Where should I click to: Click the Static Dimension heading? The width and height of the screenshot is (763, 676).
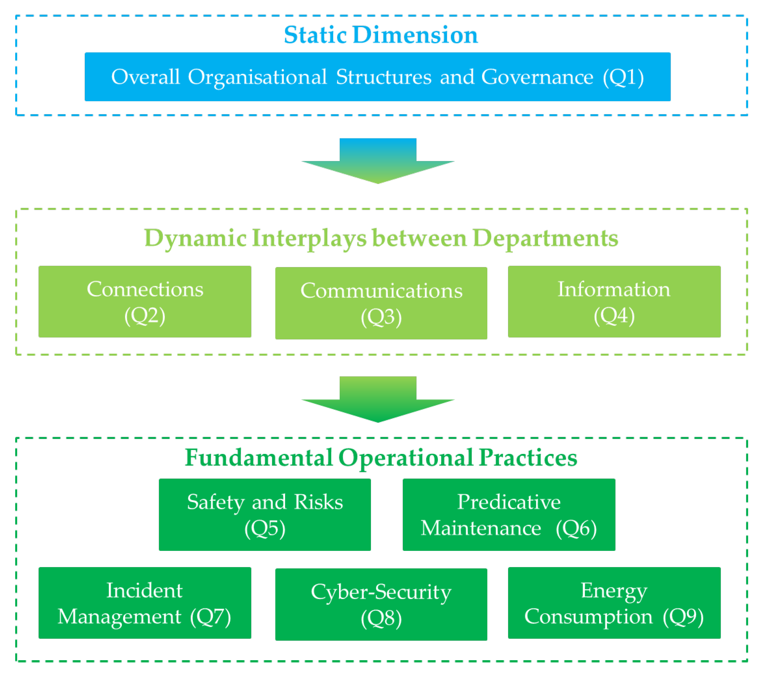[x=381, y=35]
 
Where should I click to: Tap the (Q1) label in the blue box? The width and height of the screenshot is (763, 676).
[x=623, y=77]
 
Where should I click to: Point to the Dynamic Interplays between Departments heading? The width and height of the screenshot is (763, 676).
[x=381, y=238]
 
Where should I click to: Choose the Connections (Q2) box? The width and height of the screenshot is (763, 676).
[x=145, y=302]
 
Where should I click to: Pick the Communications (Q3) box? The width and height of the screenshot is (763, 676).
[x=381, y=303]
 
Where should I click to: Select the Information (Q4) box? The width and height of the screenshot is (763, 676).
[x=614, y=302]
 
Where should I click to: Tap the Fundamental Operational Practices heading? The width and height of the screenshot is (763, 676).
[x=381, y=458]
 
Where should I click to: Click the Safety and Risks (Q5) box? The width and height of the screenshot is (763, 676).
[x=265, y=515]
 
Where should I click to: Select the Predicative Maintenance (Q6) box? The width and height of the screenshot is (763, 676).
[x=509, y=515]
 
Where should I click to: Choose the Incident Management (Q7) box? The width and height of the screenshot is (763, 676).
[x=145, y=603]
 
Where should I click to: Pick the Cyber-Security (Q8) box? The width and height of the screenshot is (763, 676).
[x=381, y=604]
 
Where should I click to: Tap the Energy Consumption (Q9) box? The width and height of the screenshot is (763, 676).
[x=614, y=603]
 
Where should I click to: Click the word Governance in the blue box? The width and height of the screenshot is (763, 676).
[x=537, y=77]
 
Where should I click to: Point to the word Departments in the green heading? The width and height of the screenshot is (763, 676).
[x=546, y=238]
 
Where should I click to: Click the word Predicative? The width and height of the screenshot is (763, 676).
[x=509, y=502]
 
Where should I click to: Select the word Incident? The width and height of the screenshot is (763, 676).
[x=144, y=590]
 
